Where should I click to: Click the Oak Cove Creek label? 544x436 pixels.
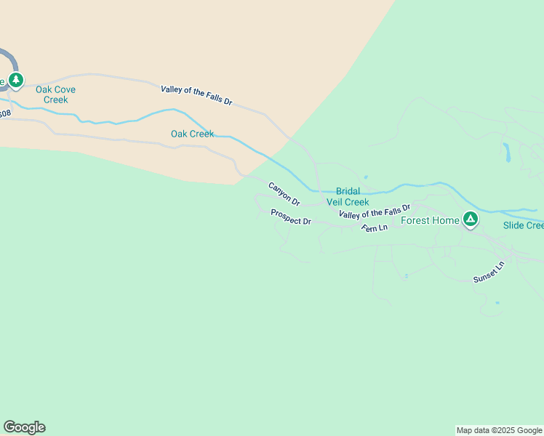click(x=55, y=94)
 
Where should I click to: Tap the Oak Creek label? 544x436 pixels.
click(x=192, y=134)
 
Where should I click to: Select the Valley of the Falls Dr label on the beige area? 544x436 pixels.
click(x=196, y=95)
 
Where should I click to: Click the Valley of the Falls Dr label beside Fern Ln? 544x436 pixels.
click(x=375, y=211)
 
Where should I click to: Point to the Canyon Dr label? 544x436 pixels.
click(x=284, y=193)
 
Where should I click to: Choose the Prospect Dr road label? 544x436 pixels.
click(x=291, y=217)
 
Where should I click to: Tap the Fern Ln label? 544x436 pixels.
click(x=375, y=227)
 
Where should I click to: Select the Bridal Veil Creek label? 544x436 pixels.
click(x=352, y=196)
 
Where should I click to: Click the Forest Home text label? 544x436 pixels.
click(x=430, y=220)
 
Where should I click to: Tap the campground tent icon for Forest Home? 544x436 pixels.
click(x=471, y=219)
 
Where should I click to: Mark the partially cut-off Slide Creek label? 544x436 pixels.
click(x=524, y=225)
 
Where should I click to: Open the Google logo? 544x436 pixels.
click(x=24, y=427)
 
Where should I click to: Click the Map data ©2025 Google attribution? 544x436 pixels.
click(x=500, y=430)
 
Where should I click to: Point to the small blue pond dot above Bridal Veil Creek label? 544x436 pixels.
click(x=365, y=177)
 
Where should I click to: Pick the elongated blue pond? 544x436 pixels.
click(x=506, y=152)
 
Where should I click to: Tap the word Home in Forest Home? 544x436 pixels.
click(x=446, y=220)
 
